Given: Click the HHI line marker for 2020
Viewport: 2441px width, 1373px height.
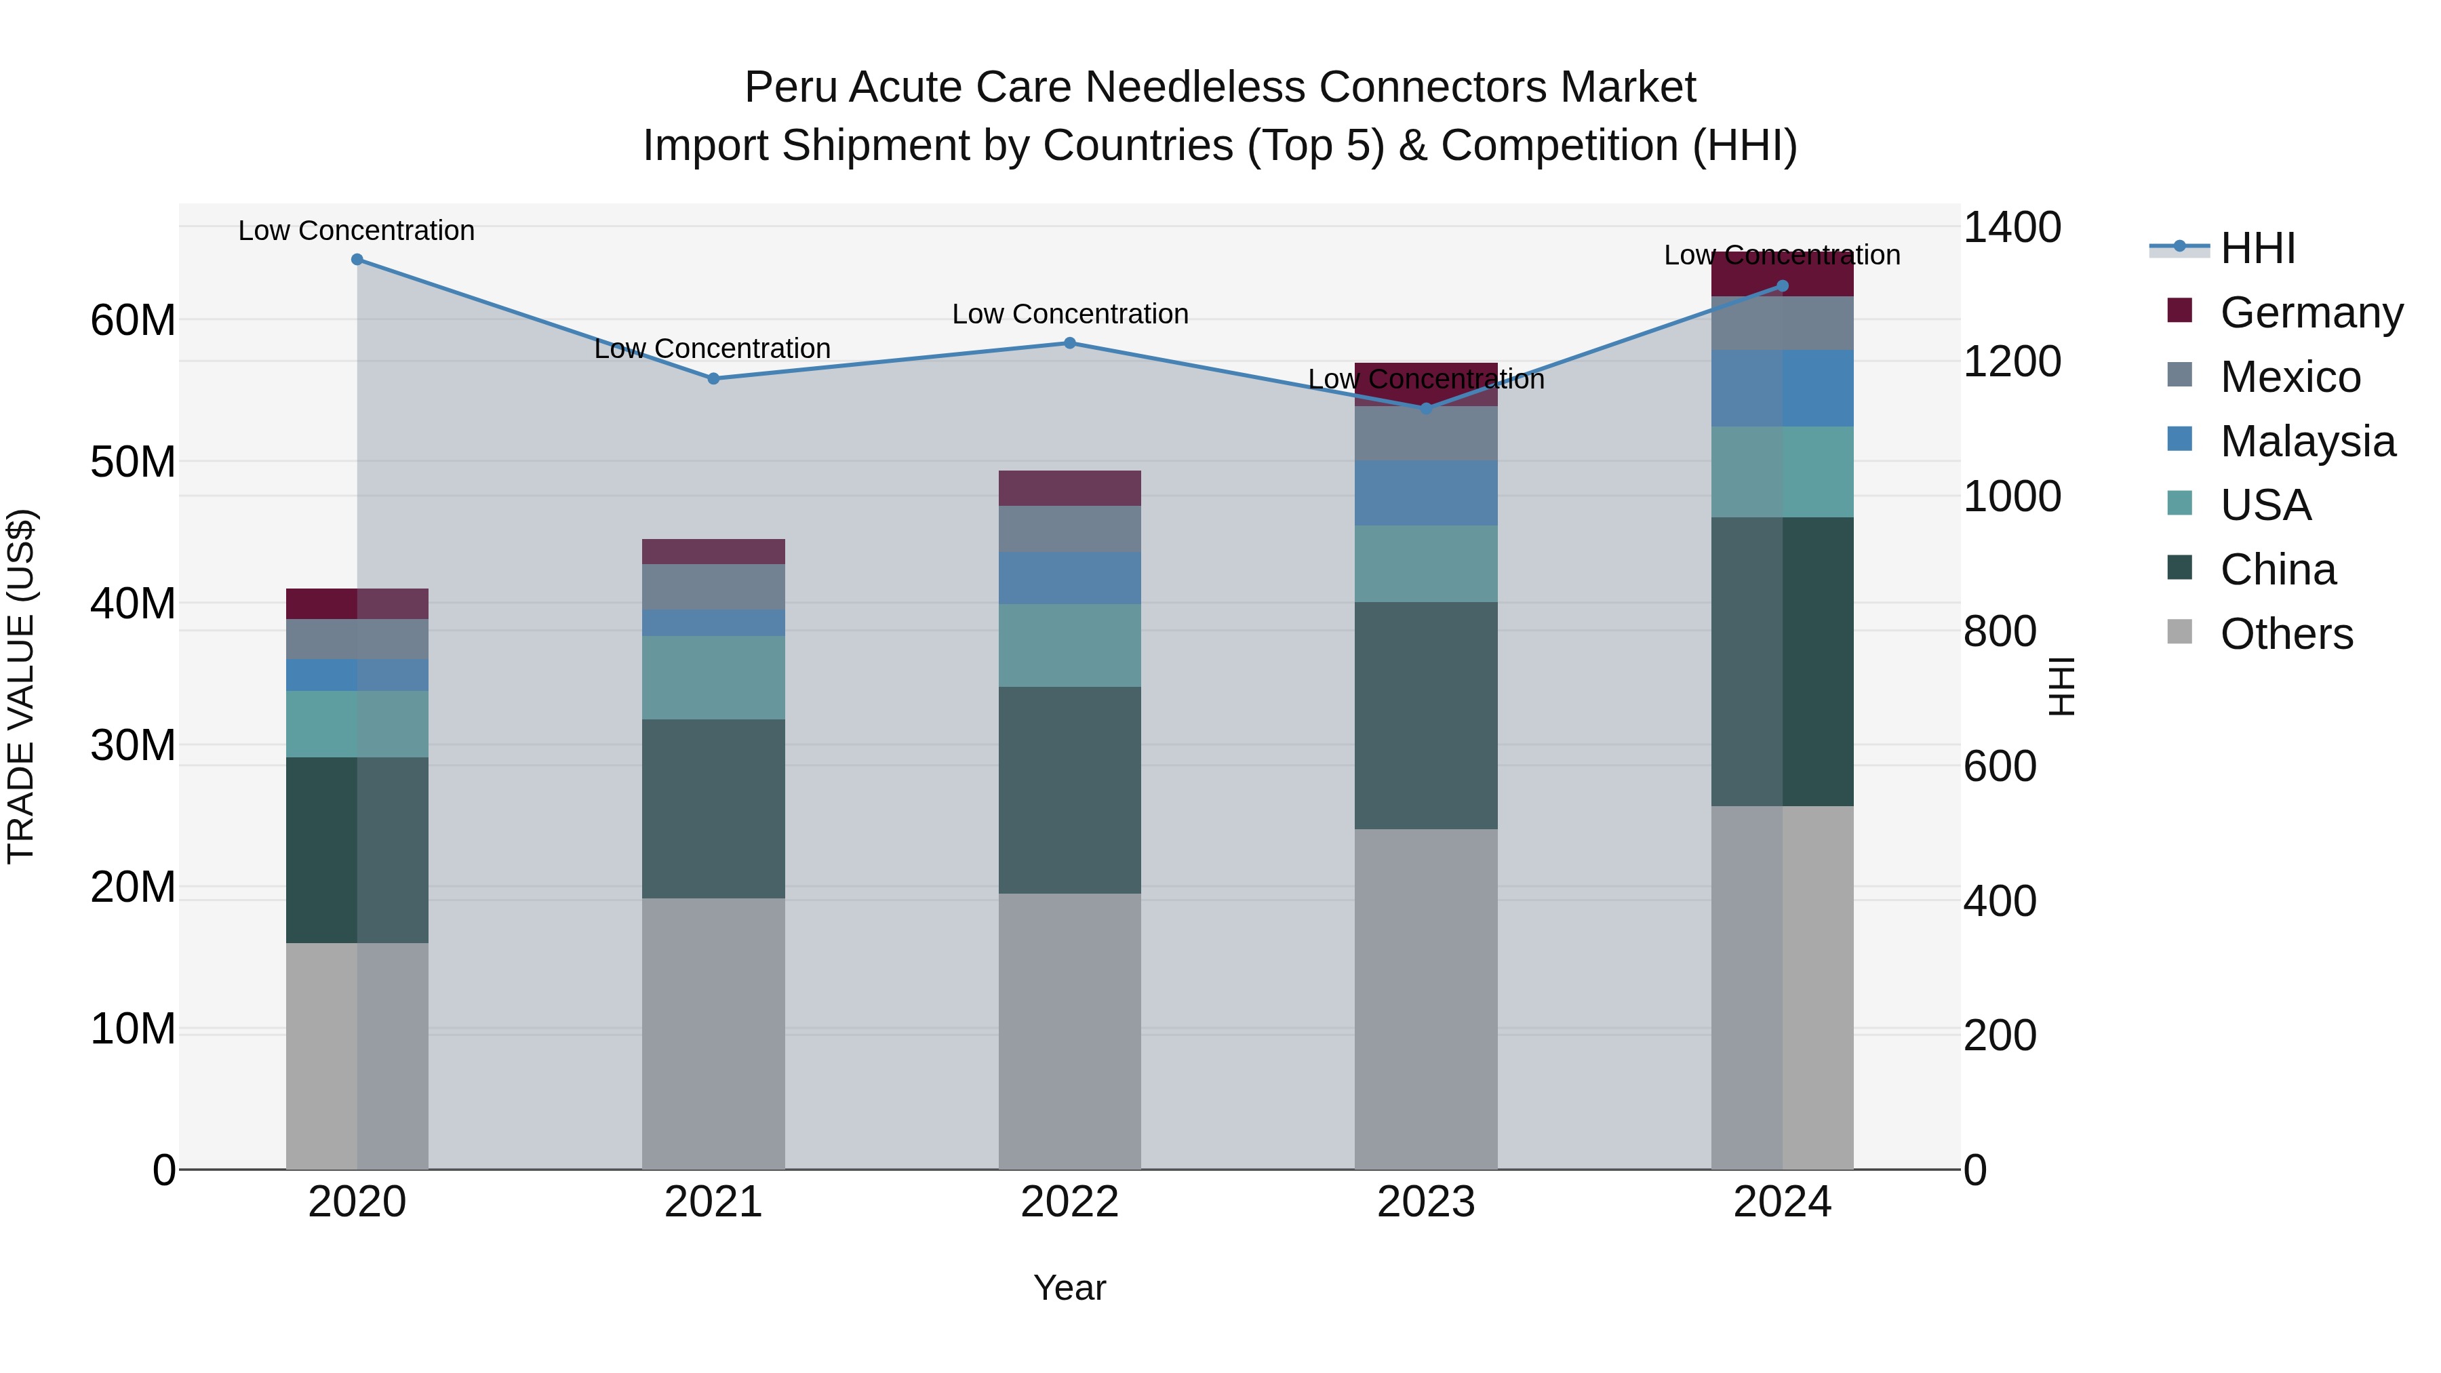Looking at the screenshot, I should click(x=357, y=260).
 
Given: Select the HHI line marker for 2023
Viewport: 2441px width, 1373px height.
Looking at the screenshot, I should click(x=1426, y=408).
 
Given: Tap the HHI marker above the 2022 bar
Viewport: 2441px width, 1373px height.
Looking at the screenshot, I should click(x=1070, y=343).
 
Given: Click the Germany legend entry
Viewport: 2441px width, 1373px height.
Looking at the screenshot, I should click(x=2310, y=313).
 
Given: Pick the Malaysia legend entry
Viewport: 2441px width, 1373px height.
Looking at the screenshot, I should click(x=2307, y=441).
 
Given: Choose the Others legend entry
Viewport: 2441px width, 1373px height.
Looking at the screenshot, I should click(x=2286, y=634).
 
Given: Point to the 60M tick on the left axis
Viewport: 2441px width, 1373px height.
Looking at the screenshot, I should click(x=133, y=320).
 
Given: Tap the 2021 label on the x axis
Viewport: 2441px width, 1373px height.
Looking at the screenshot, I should click(x=713, y=1202).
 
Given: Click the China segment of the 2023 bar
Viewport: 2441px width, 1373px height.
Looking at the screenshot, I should click(x=1426, y=715).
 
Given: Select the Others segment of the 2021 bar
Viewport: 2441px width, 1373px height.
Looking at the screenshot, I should click(x=713, y=1033).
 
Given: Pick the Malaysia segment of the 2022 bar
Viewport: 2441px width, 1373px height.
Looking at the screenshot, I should click(x=1070, y=578).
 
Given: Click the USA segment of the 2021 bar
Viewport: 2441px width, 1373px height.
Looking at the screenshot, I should click(x=713, y=677).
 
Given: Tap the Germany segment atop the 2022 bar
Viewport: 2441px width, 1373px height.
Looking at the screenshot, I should click(x=1070, y=488).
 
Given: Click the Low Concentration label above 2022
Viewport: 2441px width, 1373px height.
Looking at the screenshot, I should click(x=1070, y=314).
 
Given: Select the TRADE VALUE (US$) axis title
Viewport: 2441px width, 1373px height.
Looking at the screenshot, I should click(x=21, y=687).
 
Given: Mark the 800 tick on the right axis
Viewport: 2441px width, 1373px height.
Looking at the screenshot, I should click(x=2000, y=631).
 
